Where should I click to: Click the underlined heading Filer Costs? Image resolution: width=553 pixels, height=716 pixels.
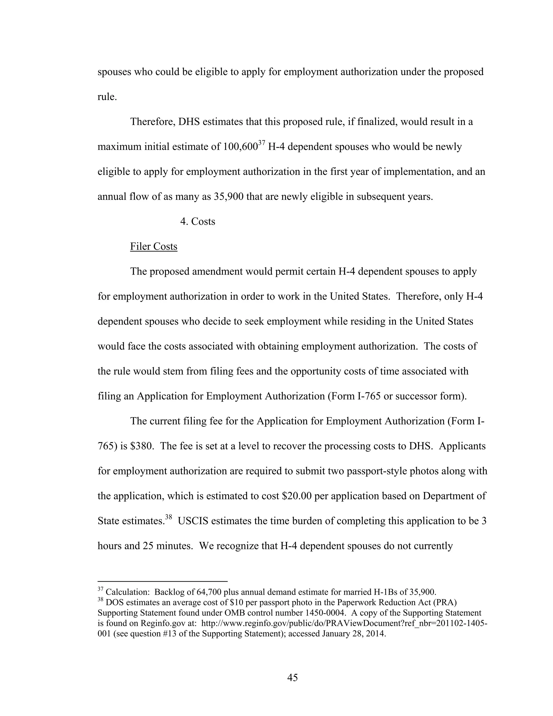154,246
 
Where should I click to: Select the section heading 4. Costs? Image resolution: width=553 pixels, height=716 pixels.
198,221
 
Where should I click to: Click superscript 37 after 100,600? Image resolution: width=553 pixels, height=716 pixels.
261,143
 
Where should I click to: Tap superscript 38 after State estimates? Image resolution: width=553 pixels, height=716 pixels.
168,517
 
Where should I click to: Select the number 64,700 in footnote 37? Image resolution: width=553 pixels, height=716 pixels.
210,592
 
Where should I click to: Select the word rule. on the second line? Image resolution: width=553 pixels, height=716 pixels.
107,97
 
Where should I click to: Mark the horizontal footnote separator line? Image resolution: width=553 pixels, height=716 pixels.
163,581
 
